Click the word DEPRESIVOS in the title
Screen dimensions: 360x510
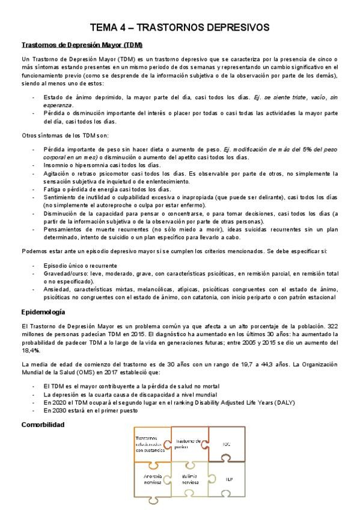(235, 27)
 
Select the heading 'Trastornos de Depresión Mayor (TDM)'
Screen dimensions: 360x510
(82, 45)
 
